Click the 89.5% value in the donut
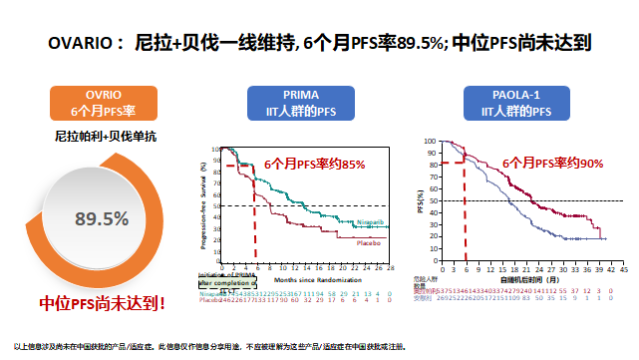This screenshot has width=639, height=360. (103, 218)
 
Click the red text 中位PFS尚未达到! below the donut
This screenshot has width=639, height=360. (103, 300)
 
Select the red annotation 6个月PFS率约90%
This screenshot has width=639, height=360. (551, 162)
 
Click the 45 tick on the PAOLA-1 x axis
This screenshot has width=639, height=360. (623, 268)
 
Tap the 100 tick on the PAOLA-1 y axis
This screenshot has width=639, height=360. (430, 142)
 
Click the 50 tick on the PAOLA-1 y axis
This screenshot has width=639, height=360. (432, 200)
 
